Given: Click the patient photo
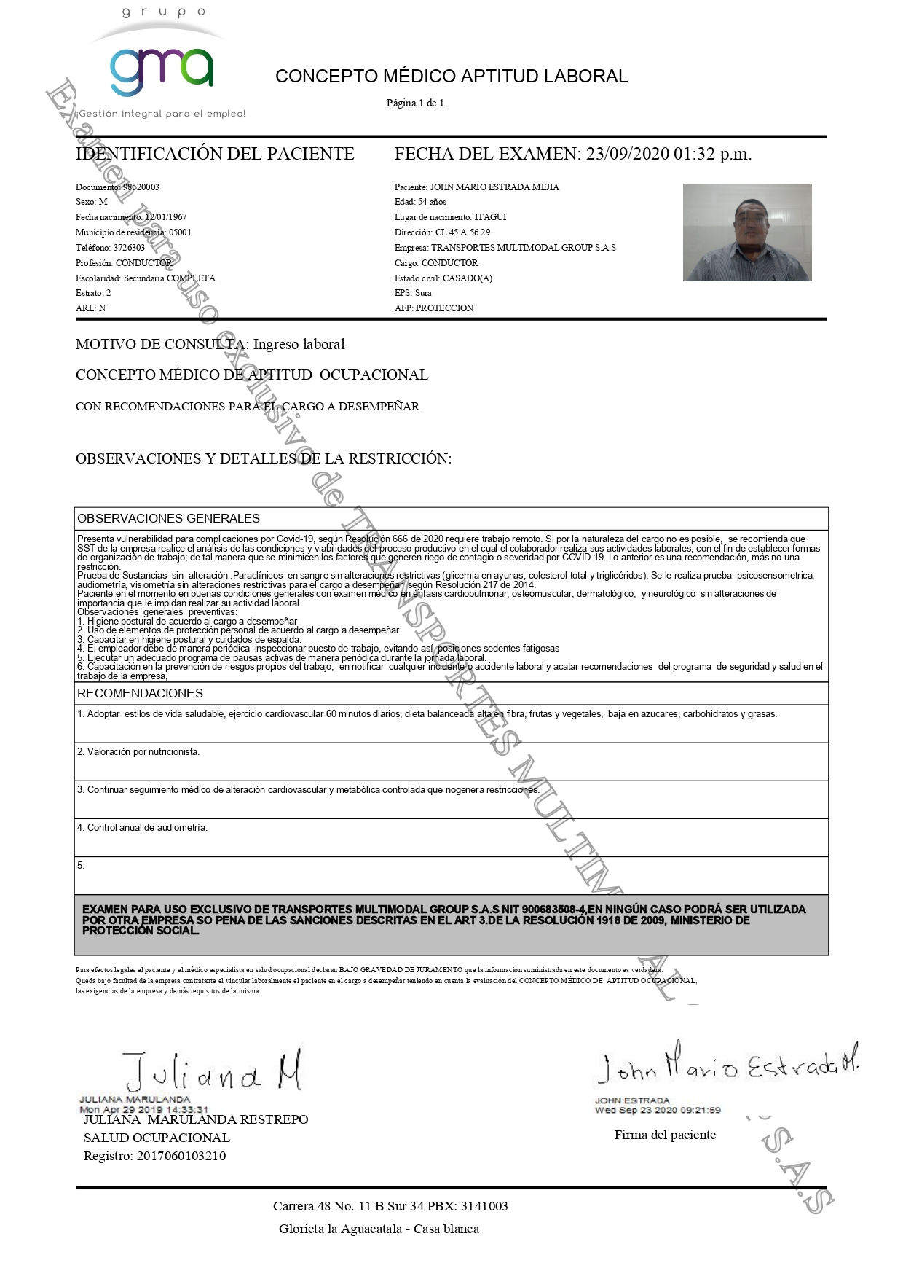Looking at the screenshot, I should click(746, 232).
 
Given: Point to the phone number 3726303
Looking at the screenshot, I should click(129, 248).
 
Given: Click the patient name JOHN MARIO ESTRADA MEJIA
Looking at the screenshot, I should click(494, 187).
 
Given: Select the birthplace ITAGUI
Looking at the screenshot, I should click(490, 217).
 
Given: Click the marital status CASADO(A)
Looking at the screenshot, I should click(467, 278).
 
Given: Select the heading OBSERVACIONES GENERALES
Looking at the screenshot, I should click(168, 519).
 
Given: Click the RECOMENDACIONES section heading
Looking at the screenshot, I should click(140, 694).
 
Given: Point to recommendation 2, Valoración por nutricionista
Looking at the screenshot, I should click(143, 752).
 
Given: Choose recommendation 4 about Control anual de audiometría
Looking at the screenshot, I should click(147, 828).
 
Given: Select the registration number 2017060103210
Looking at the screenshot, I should click(181, 1156).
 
